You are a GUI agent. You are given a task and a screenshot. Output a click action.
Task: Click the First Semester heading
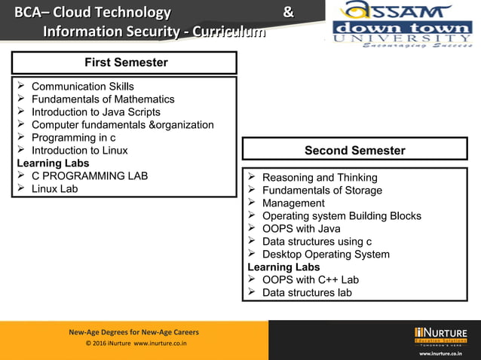point(124,63)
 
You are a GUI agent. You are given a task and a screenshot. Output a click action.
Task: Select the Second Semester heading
point(354,151)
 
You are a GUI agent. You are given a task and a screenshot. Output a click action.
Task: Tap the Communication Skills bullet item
point(83,87)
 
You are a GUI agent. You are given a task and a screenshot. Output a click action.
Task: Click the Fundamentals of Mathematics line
point(103,99)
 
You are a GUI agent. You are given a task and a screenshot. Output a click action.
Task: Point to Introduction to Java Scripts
point(96,112)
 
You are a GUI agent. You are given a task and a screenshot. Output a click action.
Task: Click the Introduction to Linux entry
point(79,151)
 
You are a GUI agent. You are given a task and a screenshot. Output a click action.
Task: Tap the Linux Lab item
point(54,189)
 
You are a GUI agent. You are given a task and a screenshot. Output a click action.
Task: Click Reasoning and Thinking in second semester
point(320,178)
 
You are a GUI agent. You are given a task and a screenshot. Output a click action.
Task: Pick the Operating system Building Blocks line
point(342,216)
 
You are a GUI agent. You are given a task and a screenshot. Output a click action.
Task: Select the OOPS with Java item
point(301,229)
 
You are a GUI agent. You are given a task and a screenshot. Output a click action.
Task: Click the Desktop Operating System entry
point(326,255)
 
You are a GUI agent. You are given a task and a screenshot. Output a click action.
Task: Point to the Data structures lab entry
point(307,293)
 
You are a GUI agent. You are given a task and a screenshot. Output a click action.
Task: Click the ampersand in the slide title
point(287,13)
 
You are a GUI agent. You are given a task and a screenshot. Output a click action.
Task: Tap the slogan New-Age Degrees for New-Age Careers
point(134,332)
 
